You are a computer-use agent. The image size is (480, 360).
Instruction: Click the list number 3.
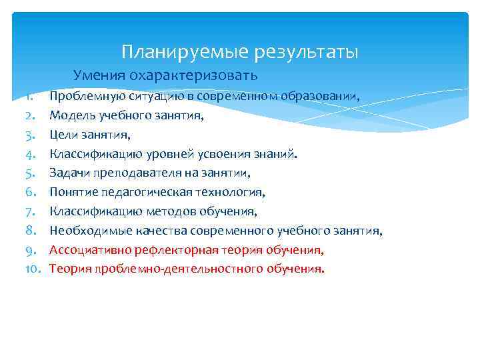tap(29, 135)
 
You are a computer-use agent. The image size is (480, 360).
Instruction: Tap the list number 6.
tap(29, 193)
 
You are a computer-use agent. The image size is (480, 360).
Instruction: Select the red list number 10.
tap(33, 270)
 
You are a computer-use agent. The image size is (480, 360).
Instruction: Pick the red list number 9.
tap(29, 251)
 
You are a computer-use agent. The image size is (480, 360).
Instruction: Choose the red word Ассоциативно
tap(87, 251)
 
